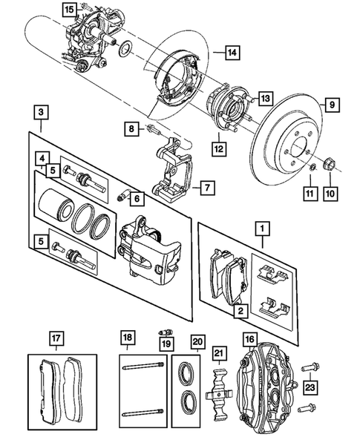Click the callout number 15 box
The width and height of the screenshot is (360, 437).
68,10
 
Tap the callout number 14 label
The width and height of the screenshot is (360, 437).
232,53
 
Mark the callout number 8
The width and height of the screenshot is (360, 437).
131,129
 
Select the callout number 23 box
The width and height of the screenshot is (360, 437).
310,385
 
